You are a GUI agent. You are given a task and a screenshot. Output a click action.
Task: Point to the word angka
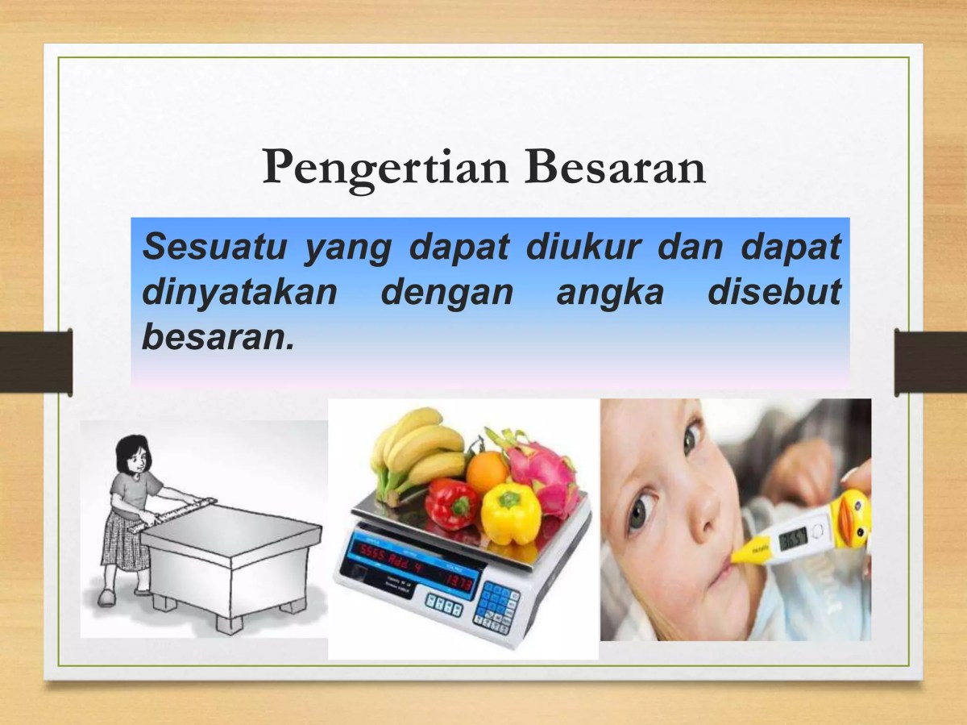tap(609, 291)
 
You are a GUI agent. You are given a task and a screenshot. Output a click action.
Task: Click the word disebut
tap(774, 291)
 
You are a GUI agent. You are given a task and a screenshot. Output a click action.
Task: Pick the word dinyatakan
tap(239, 293)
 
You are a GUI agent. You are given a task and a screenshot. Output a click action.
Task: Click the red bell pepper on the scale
tap(451, 504)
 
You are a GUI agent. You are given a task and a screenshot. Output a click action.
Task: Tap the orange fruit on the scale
tap(487, 472)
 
